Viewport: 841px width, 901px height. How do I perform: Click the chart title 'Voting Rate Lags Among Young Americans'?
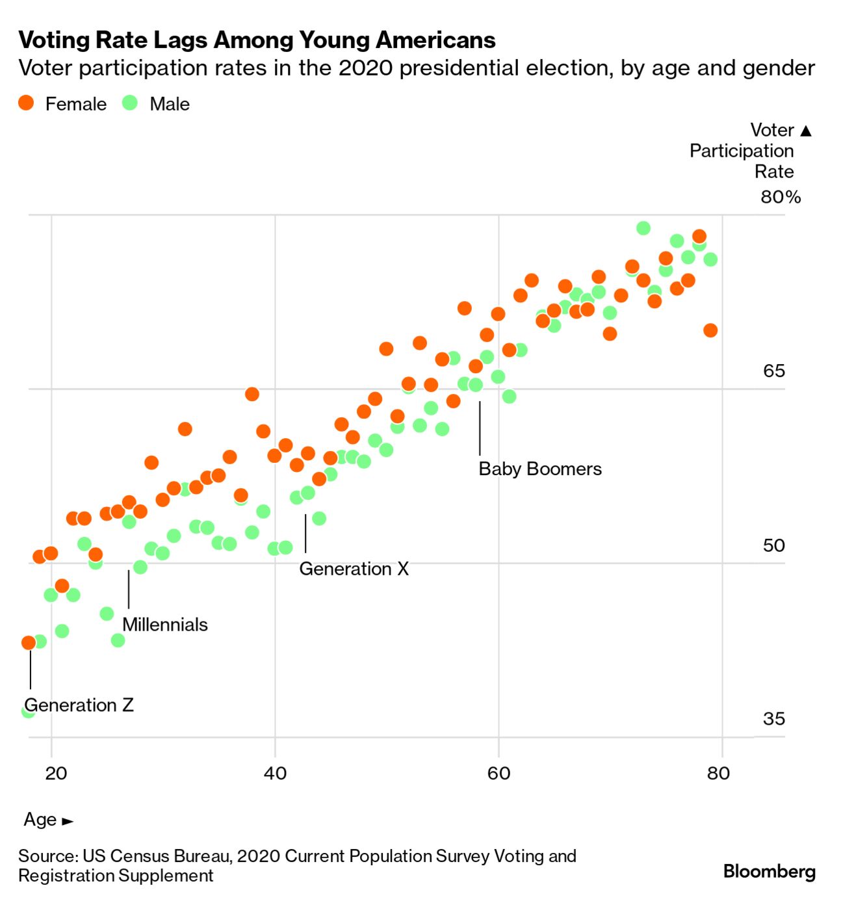257,40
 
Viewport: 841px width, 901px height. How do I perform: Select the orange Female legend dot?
26,103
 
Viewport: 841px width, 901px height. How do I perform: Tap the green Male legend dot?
131,103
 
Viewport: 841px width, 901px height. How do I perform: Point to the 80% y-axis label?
781,197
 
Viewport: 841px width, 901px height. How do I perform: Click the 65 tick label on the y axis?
773,371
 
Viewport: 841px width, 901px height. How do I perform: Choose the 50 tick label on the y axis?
773,545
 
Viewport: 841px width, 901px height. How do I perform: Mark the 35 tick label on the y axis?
773,718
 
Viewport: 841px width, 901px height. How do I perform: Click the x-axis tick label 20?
56,773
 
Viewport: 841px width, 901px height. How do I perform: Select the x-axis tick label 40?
275,773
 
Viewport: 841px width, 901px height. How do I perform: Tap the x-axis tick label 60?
498,773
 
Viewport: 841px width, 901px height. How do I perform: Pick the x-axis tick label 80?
718,773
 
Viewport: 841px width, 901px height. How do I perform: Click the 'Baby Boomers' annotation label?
539,469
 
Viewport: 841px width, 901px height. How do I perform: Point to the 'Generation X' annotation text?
354,569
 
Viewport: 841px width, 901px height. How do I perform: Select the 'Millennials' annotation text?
165,625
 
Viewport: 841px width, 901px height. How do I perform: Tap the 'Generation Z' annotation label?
79,705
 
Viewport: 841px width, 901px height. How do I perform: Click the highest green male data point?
643,228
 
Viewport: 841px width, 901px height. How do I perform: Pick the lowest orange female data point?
29,643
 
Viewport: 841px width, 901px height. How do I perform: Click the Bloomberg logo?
769,870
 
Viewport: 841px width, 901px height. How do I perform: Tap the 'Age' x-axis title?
40,819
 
